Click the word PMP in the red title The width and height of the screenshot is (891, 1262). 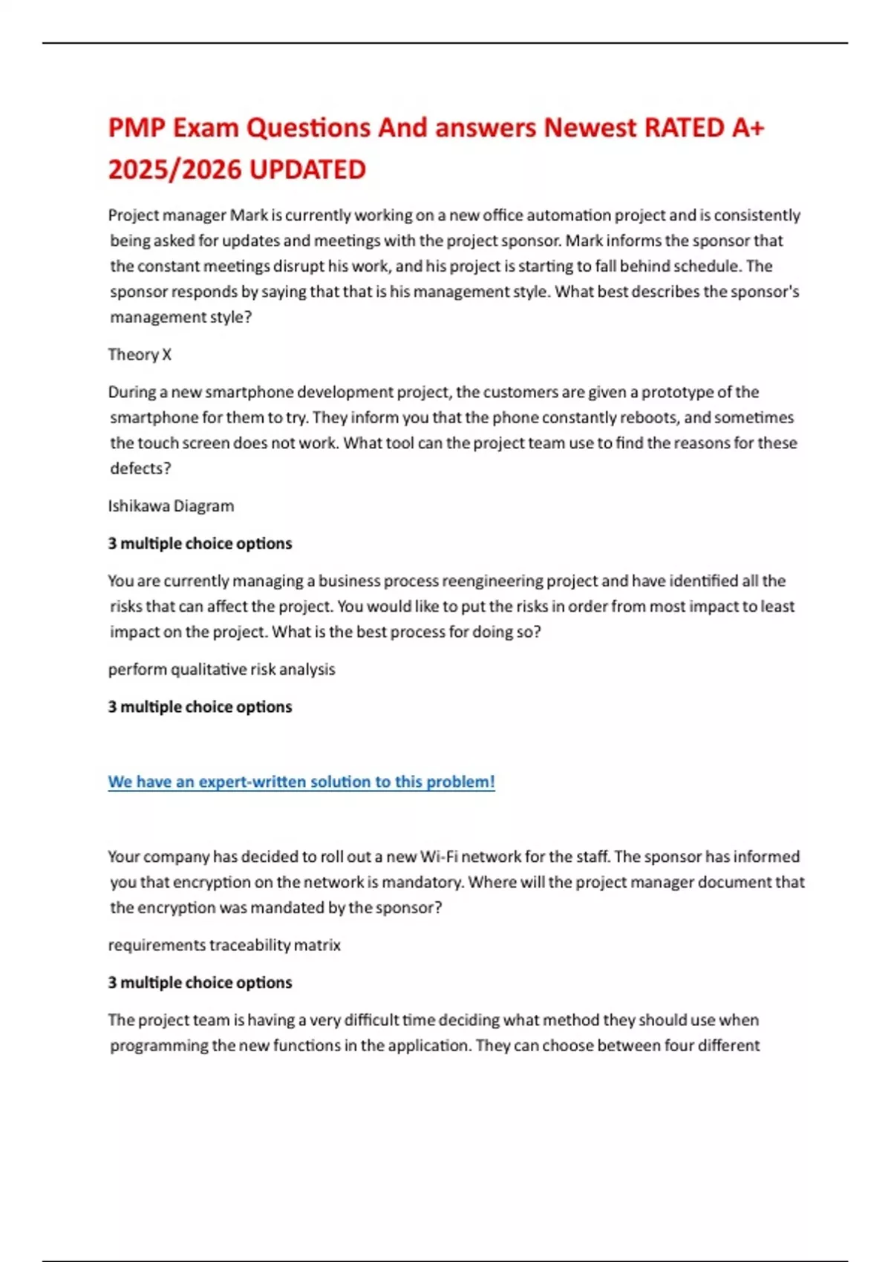[137, 128]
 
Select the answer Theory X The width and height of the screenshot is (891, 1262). [140, 355]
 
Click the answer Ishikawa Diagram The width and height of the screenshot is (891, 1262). [171, 506]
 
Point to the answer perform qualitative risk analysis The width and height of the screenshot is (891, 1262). [221, 670]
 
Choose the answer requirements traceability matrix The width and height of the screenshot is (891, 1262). [224, 945]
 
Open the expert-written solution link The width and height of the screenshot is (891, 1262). [301, 782]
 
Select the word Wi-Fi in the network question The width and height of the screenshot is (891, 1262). [439, 857]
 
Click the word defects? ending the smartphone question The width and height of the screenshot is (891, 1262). [140, 468]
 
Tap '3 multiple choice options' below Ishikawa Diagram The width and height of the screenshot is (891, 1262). [200, 543]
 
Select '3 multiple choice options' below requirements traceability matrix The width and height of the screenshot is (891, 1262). [200, 983]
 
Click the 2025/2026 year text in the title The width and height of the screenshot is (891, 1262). [174, 170]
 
